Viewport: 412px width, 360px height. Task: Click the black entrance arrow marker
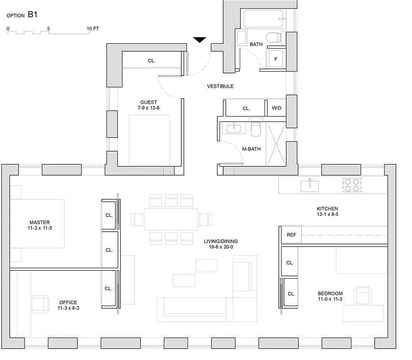[x=200, y=40]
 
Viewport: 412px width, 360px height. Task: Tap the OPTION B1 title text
[x=22, y=15]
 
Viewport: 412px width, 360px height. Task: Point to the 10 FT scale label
[x=93, y=28]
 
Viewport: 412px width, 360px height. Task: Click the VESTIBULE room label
[x=220, y=86]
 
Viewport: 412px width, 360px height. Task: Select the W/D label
[x=276, y=108]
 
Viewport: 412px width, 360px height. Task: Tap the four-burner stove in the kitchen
[x=352, y=185]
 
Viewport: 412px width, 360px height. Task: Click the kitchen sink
[x=310, y=185]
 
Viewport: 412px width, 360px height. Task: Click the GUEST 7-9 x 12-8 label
[x=148, y=105]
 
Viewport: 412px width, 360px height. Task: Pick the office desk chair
[x=40, y=303]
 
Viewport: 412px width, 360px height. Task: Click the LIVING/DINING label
[x=220, y=244]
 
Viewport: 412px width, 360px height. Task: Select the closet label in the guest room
[x=152, y=61]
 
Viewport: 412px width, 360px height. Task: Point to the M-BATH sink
[x=234, y=129]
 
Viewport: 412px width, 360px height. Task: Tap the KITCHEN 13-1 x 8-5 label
[x=327, y=211]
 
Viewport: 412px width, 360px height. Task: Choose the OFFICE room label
[x=68, y=305]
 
